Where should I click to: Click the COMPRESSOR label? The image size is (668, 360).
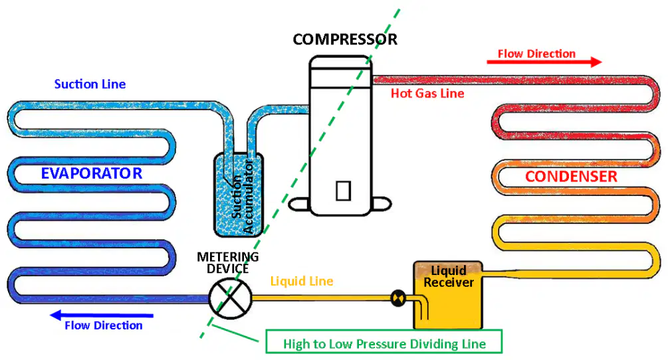coord(345,39)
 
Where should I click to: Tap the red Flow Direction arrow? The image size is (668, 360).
coord(544,62)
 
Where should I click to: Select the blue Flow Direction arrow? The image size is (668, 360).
coord(102,315)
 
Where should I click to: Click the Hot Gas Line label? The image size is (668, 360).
coord(427,93)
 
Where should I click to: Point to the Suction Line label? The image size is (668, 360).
coord(90,84)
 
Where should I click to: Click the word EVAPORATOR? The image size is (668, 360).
coord(92,173)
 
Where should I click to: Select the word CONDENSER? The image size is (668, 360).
coord(571,176)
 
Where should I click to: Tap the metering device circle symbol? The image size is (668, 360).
coord(230,298)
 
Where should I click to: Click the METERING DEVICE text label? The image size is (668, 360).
coord(228,262)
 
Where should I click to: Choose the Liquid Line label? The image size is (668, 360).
coord(302,281)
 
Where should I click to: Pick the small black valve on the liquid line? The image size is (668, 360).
coord(398,298)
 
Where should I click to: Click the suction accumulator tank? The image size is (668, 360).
coord(238,195)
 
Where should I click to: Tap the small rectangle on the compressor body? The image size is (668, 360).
coord(344,191)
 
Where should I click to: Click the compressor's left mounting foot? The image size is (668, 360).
coord(298,204)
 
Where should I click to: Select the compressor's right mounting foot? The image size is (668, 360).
coord(381,204)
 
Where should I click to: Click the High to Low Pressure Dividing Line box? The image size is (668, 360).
coord(384,341)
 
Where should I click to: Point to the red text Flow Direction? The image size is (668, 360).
coord(537,54)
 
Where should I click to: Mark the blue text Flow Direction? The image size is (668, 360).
coord(104,325)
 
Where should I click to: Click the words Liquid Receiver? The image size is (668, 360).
coord(449,276)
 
